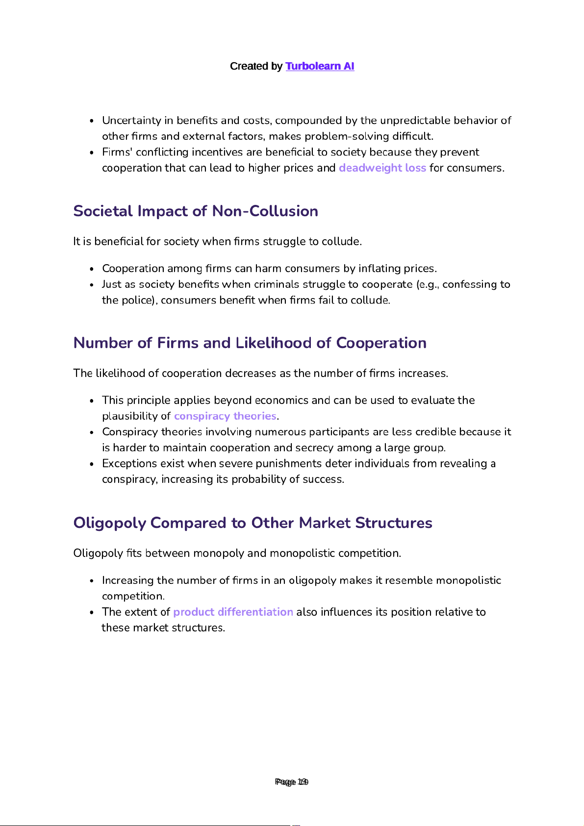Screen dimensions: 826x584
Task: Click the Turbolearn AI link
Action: (320, 66)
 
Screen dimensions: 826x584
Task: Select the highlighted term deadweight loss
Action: (382, 168)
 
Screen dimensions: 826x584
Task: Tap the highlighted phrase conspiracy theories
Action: (225, 416)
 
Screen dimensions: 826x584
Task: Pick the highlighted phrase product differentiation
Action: (233, 612)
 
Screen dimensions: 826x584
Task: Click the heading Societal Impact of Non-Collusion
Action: (196, 211)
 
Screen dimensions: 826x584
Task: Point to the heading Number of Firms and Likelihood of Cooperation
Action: (250, 343)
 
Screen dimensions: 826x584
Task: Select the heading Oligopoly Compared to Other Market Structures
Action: (253, 523)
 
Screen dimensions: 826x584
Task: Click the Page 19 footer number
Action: (292, 782)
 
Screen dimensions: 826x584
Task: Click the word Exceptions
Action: (129, 464)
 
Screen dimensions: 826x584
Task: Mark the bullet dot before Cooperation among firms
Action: (92, 269)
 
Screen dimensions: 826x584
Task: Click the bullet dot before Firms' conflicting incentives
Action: (92, 153)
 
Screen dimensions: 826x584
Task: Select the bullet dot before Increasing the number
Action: (92, 581)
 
